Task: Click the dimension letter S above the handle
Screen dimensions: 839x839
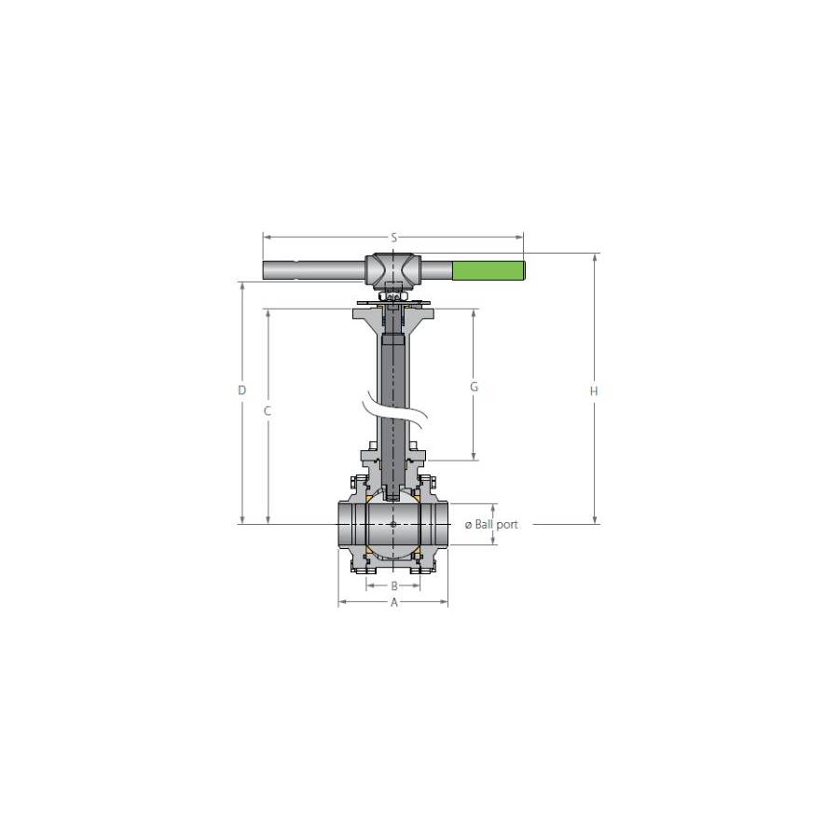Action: click(x=393, y=238)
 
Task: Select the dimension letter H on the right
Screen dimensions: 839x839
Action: click(x=594, y=392)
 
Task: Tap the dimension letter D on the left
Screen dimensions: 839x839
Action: click(x=241, y=390)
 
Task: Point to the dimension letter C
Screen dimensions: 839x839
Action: click(x=268, y=411)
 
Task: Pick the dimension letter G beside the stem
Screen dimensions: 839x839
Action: click(x=474, y=386)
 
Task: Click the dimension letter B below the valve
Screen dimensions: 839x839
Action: click(x=394, y=586)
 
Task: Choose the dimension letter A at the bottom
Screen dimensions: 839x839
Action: click(x=394, y=602)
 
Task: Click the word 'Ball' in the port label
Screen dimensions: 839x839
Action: click(x=483, y=524)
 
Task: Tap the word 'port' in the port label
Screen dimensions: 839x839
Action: click(x=507, y=525)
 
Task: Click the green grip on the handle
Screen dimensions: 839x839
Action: click(x=488, y=270)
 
